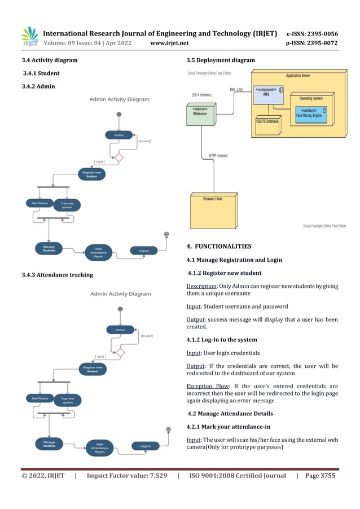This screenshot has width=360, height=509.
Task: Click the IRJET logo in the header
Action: tap(29, 37)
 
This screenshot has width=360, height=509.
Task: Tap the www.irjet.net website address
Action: tap(170, 43)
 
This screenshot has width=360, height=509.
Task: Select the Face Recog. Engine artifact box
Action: tap(309, 113)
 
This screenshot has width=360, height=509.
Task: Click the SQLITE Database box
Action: tap(267, 121)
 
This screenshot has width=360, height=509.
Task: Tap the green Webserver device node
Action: tap(200, 116)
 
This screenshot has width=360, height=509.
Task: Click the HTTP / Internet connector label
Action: tap(218, 156)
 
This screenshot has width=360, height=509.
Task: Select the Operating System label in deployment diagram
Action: tap(310, 98)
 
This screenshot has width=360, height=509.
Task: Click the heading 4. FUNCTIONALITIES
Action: tap(218, 247)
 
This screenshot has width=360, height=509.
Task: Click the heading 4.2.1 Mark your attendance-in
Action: tap(226, 427)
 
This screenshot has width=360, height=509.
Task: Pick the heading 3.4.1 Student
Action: tap(41, 73)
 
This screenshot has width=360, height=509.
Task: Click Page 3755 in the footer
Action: tap(320, 476)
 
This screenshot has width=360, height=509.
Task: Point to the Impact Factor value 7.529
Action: tap(126, 476)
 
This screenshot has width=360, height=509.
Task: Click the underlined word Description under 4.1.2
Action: tap(201, 286)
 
